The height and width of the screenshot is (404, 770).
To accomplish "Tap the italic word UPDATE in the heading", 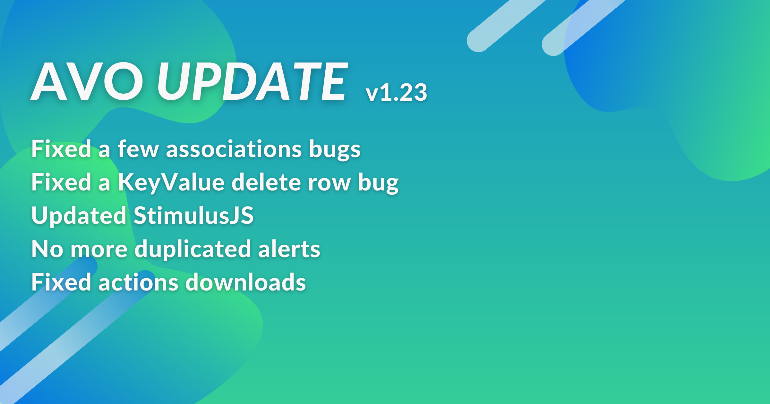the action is click(252, 81).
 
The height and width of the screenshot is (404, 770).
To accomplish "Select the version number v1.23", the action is click(396, 92).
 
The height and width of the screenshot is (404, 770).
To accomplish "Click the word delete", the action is click(266, 182).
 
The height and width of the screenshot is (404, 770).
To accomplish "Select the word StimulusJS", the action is click(193, 215).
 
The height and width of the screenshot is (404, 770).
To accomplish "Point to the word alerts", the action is click(289, 248).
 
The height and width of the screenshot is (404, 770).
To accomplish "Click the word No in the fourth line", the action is click(47, 249).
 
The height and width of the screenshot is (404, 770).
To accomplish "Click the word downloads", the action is click(246, 282).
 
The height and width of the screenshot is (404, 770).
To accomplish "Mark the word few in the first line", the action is click(138, 149).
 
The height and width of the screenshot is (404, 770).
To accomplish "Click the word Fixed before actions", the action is click(61, 282).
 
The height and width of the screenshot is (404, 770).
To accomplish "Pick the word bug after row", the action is click(378, 184).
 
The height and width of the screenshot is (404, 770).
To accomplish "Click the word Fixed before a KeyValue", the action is click(61, 182).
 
